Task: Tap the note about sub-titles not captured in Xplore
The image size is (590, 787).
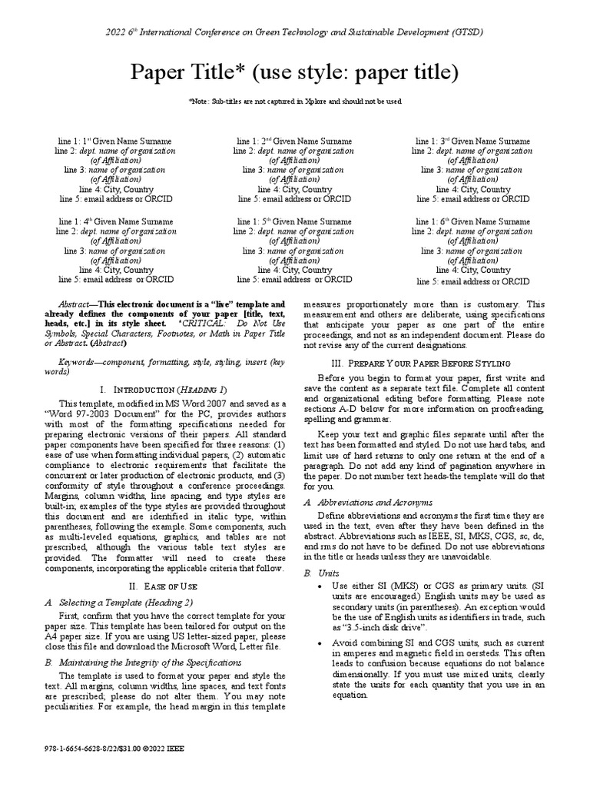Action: coord(295,101)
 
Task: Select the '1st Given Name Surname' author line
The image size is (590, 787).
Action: coord(115,141)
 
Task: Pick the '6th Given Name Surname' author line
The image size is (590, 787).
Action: coord(472,222)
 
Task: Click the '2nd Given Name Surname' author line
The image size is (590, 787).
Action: coord(294,141)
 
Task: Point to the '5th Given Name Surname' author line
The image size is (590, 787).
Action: coord(294,222)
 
